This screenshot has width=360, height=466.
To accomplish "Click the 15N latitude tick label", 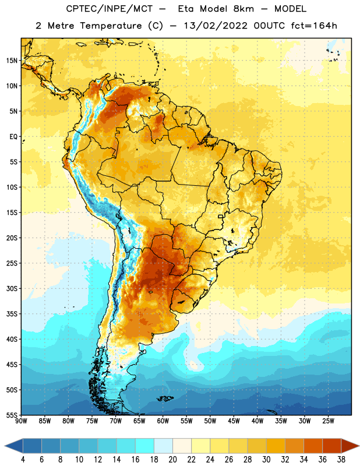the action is click(12, 61).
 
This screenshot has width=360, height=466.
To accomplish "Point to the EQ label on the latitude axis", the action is click(13, 137).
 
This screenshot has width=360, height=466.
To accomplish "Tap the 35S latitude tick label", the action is click(12, 314).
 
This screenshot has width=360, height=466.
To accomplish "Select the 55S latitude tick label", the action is click(12, 415).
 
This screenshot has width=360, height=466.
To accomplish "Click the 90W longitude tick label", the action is click(21, 421).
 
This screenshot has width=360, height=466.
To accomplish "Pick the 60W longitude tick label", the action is click(163, 421).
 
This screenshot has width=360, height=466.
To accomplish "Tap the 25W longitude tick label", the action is click(328, 421).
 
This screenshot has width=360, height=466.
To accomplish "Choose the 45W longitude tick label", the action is click(234, 421).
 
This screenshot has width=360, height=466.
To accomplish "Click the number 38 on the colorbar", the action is click(341, 460).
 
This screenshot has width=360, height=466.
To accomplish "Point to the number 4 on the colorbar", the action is click(23, 460).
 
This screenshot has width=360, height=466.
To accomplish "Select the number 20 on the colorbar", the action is click(172, 460).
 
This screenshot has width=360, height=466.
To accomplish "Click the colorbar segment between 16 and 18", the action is click(145, 446).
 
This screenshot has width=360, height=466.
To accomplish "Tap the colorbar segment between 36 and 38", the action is click(332, 446).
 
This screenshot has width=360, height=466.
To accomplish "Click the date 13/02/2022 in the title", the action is click(216, 26).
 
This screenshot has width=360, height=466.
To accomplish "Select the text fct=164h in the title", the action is click(314, 26).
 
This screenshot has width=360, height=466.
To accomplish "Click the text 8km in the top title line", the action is click(243, 9).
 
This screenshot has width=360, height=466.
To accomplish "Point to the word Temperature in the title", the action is click(111, 26).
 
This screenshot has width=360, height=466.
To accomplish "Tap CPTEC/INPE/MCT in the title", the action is click(110, 9).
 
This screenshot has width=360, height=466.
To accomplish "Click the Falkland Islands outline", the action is click(165, 398).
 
